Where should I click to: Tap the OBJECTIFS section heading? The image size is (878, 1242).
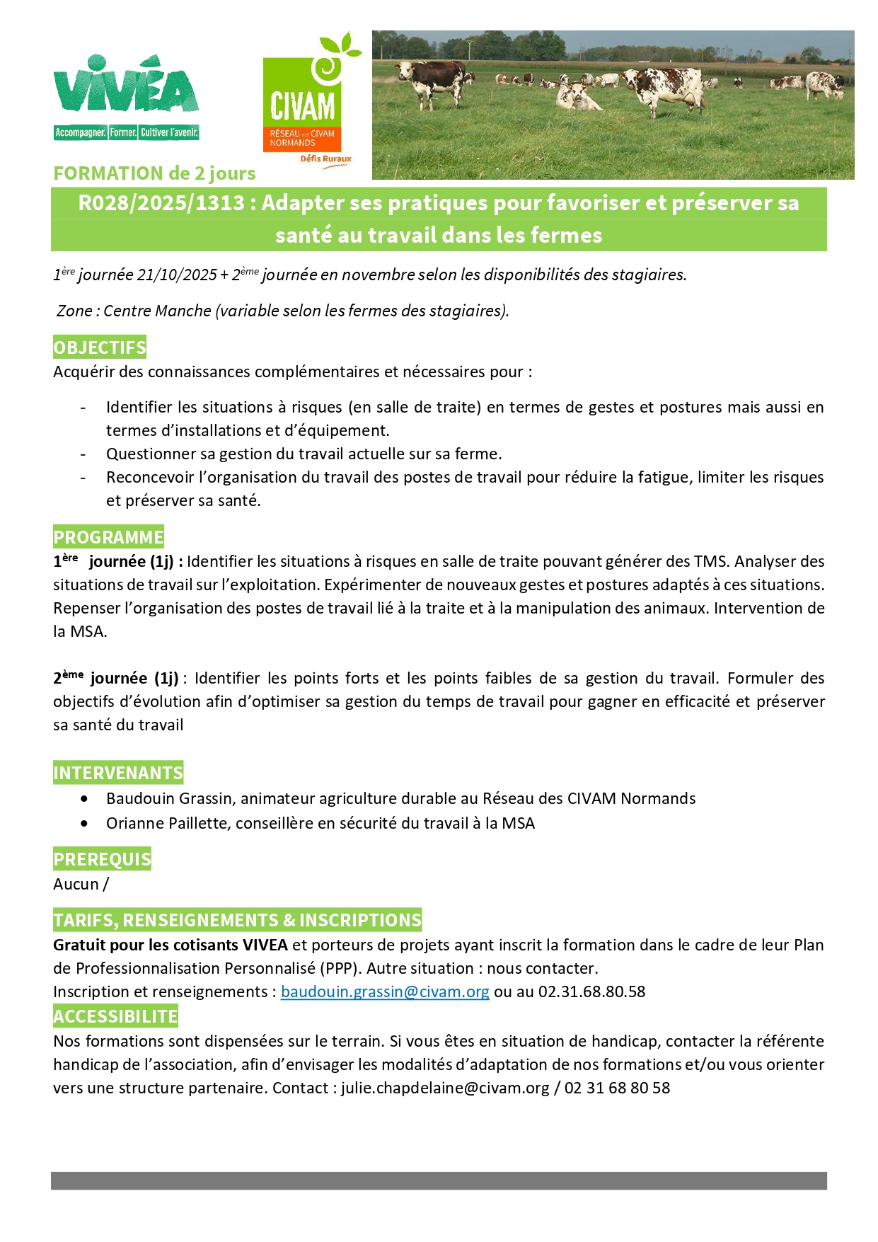[100, 347]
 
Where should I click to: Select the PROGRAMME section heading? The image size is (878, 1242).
[108, 537]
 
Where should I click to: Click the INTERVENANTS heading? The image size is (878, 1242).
[118, 773]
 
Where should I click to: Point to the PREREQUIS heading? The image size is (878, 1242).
[102, 859]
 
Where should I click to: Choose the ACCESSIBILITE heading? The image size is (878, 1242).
[115, 1016]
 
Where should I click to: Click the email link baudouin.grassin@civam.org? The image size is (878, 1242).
[385, 991]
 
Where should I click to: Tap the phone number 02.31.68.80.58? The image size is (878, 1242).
[591, 991]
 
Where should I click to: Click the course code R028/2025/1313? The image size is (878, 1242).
[161, 203]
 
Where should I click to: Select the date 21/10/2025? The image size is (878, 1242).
[177, 275]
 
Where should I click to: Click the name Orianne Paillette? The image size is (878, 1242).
[168, 823]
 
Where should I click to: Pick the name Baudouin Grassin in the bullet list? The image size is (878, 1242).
[170, 798]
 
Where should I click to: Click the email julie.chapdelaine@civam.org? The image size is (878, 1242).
[445, 1088]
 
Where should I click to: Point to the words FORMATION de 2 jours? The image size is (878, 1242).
[154, 173]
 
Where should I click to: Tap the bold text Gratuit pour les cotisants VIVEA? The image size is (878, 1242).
[171, 945]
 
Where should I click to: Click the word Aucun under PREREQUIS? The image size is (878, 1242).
[76, 884]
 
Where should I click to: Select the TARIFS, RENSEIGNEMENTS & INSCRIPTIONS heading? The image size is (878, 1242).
[237, 920]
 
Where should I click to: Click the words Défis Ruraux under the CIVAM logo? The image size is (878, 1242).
[325, 159]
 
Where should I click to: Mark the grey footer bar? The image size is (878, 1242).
[439, 1180]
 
